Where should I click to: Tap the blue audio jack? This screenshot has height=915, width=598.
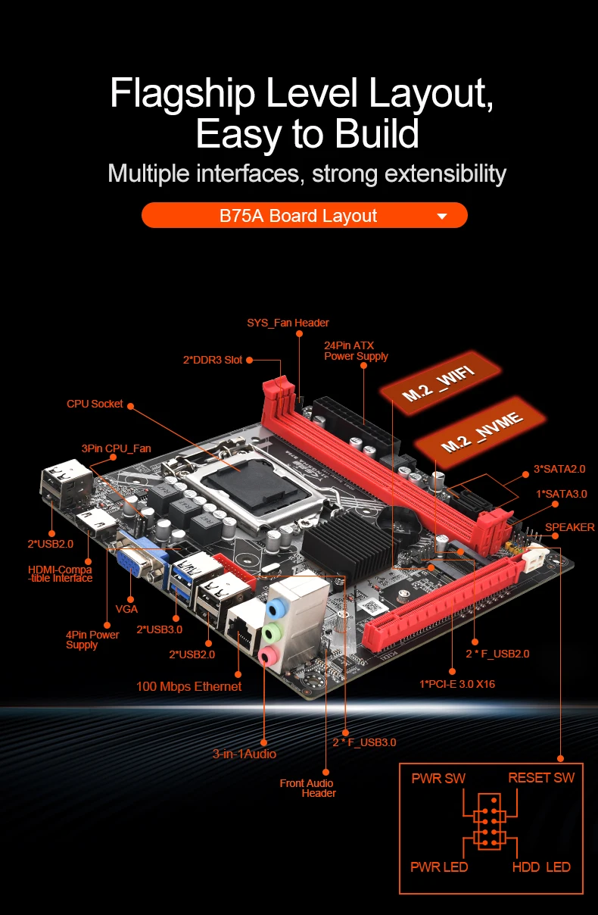[279, 608]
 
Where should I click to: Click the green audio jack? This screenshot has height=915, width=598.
[273, 632]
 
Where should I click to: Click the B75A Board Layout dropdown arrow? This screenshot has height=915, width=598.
[442, 217]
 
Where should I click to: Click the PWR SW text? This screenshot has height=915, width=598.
[438, 778]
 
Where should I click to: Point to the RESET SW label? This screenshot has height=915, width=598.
[541, 778]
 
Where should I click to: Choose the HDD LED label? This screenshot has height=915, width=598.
[541, 867]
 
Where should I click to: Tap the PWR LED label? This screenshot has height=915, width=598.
[439, 867]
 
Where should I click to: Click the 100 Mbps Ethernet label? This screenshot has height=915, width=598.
[188, 686]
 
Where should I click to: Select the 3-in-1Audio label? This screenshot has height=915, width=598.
[244, 754]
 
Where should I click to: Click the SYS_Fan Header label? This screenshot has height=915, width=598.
[288, 323]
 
